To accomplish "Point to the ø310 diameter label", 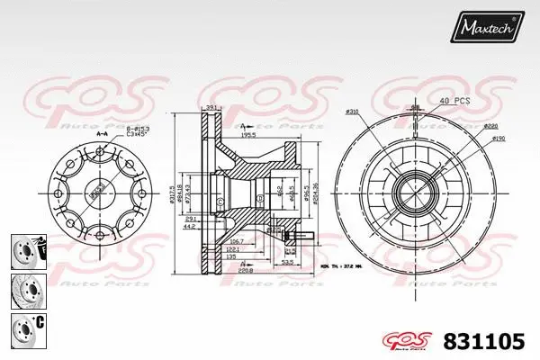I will pyautogui.click(x=353, y=112).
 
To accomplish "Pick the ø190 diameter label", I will pyautogui.click(x=497, y=138).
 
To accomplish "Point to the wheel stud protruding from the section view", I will pyautogui.click(x=301, y=238).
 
